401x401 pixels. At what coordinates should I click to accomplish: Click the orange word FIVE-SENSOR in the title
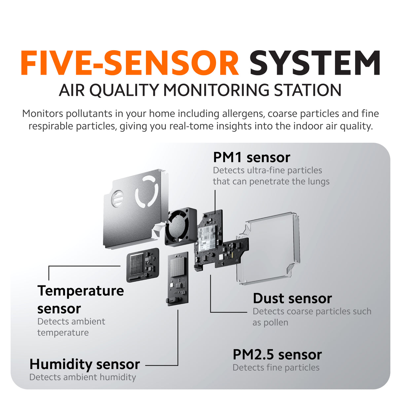coord(130,63)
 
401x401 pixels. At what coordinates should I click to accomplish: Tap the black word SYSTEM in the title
coord(315,63)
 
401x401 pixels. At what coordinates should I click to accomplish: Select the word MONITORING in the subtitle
coord(216,90)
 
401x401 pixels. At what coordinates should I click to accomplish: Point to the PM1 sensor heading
coord(252,158)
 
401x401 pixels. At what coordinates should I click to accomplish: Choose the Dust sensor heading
coord(292,299)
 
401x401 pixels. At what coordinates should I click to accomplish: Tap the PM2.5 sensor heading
coord(277,355)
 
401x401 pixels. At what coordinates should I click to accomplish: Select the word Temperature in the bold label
coord(81,291)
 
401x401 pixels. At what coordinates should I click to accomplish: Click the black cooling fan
coord(181,227)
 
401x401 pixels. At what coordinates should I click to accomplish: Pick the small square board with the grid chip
coord(143,265)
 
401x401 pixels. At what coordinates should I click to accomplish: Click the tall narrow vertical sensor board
coord(178,279)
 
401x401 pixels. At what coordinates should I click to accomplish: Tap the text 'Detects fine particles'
coord(276,368)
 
